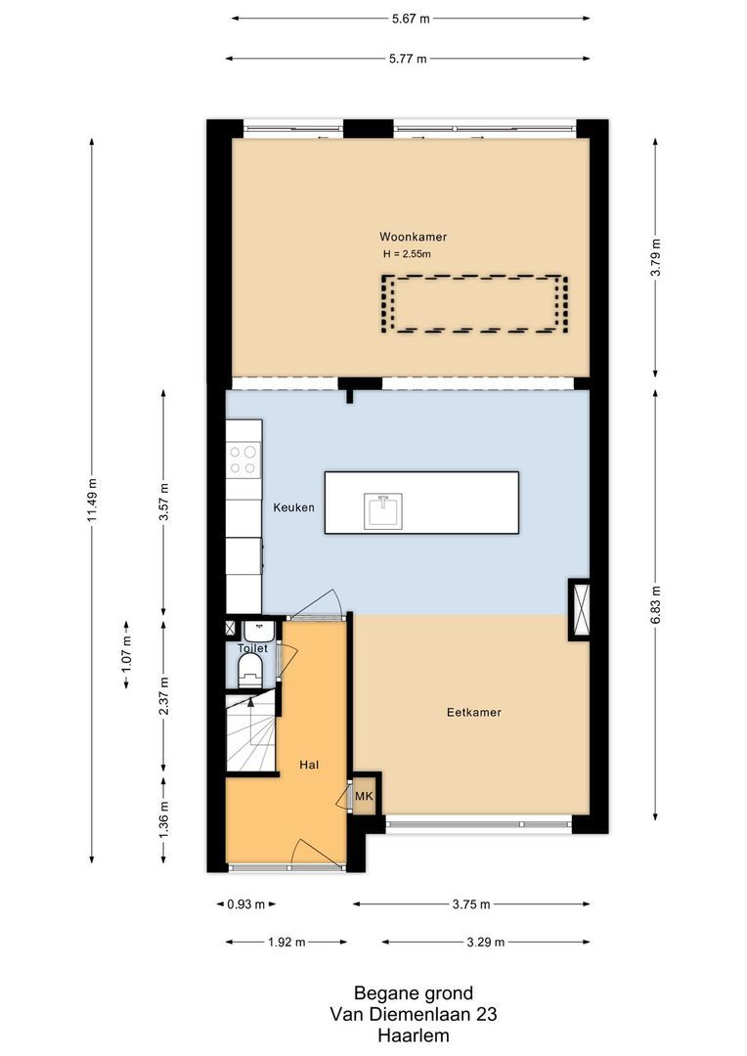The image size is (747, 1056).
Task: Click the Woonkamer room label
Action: pos(413,237)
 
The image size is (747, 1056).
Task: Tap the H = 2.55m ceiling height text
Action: pos(407,254)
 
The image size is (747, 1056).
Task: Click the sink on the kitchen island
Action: pos(381,511)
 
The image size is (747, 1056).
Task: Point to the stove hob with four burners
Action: pos(243,460)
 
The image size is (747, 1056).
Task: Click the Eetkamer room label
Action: pos(473,713)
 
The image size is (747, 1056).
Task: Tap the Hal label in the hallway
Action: pos(311,766)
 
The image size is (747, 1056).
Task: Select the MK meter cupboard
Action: pos(364,797)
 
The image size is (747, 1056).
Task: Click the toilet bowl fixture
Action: pos(250,671)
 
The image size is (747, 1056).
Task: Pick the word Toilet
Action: pos(252,647)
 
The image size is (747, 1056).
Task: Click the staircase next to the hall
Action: pos(251,732)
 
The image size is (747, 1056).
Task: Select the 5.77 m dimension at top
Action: pos(408,59)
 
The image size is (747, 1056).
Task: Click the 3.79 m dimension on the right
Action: pos(656,257)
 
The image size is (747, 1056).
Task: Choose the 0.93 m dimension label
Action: pos(245,904)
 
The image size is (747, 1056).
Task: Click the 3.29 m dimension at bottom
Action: pos(486,943)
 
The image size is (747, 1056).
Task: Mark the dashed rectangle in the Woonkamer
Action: pos(474,304)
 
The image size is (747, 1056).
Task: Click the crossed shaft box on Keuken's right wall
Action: pos(580,609)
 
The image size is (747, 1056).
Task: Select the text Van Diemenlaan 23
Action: pos(414,1015)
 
